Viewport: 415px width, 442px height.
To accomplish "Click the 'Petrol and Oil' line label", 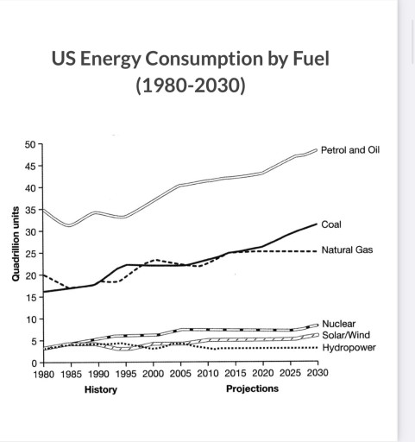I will click(350, 149).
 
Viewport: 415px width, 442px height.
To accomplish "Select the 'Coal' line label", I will click(330, 224).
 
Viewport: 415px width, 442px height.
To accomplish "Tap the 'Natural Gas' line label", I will click(347, 250).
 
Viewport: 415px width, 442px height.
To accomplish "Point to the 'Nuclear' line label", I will click(337, 323).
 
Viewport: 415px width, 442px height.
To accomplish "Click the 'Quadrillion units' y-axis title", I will click(15, 243).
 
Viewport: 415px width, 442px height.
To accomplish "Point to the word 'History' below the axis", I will click(101, 389).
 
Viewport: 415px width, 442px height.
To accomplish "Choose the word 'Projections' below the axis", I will click(252, 388).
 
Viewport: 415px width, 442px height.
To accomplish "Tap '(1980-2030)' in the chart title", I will click(191, 86).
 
